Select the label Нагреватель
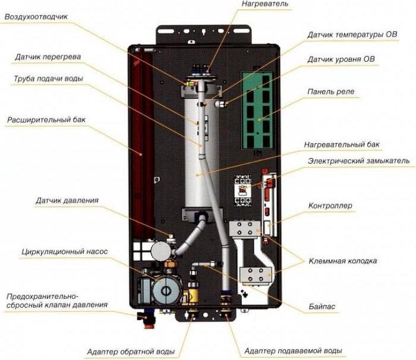tap(265, 4)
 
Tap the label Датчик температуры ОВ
tap(352, 35)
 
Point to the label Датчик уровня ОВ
tap(341, 59)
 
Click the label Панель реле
tap(330, 92)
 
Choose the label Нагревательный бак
tap(342, 144)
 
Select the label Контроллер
tap(330, 206)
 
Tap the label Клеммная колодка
tap(342, 261)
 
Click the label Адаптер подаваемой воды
tap(293, 351)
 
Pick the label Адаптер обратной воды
tap(130, 352)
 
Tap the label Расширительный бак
tap(46, 119)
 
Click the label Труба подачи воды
tap(48, 78)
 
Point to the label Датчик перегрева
tap(48, 57)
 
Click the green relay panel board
tap(257, 110)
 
